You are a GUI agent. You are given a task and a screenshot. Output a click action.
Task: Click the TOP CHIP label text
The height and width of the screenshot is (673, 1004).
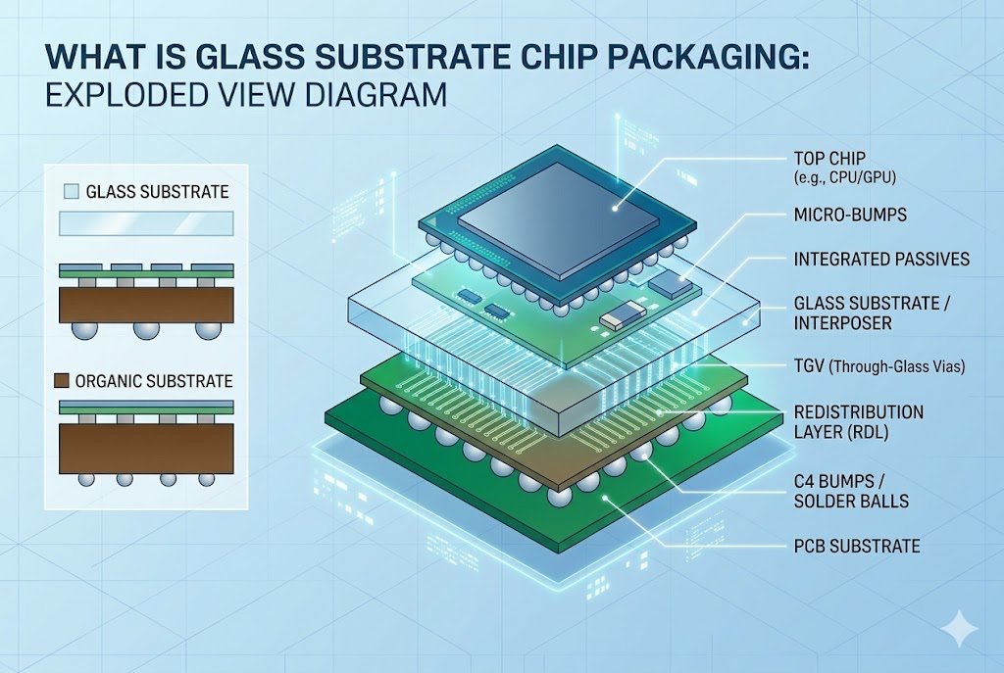tap(830, 158)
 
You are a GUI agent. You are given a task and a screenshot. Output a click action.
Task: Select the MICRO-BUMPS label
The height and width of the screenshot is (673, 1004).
tap(848, 214)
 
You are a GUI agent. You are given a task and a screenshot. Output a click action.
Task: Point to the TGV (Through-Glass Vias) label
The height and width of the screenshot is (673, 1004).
tap(878, 366)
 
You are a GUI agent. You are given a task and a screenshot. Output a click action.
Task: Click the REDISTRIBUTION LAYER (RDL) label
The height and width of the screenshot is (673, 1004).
tap(857, 422)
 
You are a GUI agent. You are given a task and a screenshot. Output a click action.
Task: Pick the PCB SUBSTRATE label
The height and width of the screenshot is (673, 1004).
tap(856, 546)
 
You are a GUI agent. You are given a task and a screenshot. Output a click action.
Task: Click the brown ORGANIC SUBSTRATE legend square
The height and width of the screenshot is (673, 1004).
tap(71, 381)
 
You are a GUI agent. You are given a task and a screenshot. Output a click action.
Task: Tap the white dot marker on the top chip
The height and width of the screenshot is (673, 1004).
tap(615, 208)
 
